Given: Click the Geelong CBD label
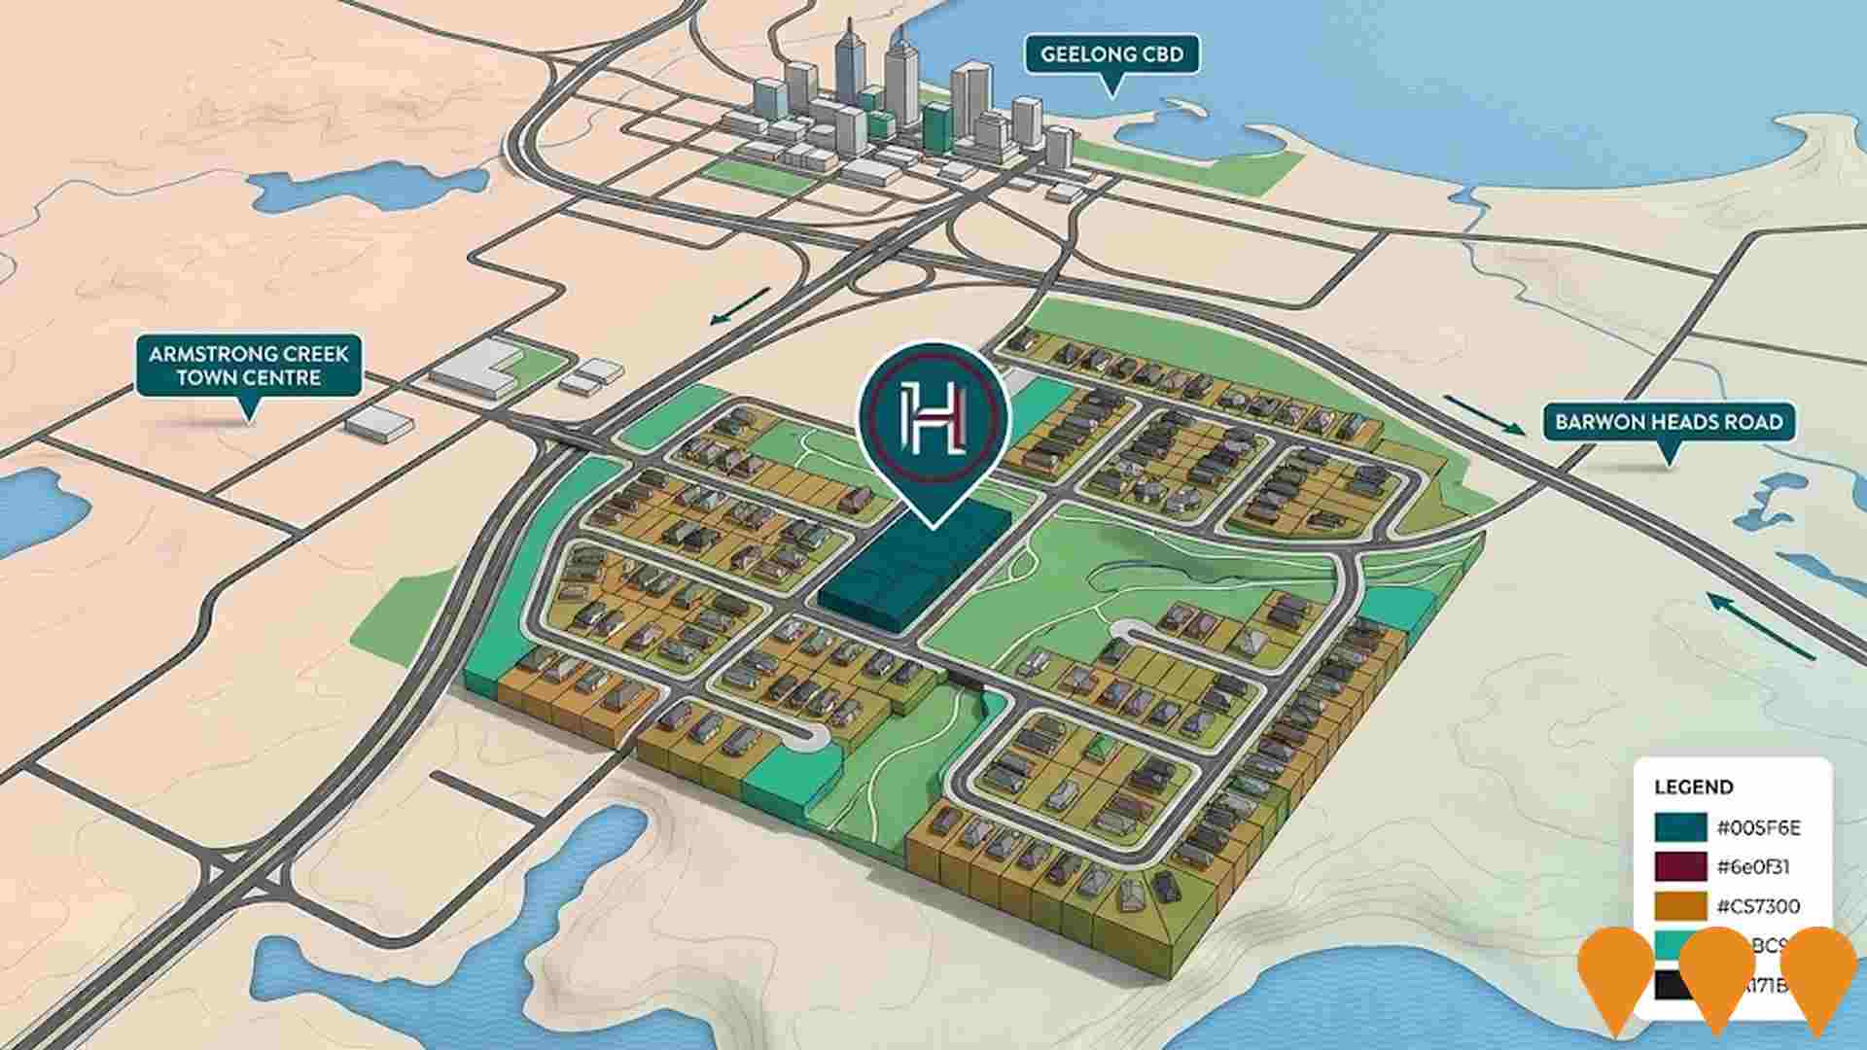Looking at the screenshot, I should tap(1111, 54).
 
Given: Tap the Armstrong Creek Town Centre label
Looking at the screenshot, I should tap(248, 365).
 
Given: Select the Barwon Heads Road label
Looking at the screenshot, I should tap(1669, 422).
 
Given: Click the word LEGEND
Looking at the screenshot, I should tap(1693, 787).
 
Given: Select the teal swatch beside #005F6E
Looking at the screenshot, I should tap(1680, 827).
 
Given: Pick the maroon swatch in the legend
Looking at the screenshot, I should tap(1680, 866).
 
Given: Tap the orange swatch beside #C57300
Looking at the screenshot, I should tap(1680, 906).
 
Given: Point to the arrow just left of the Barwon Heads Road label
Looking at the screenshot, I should tap(1484, 415).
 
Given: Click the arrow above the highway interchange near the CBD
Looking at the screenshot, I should tap(740, 305).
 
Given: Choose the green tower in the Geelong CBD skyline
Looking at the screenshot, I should tap(938, 127).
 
